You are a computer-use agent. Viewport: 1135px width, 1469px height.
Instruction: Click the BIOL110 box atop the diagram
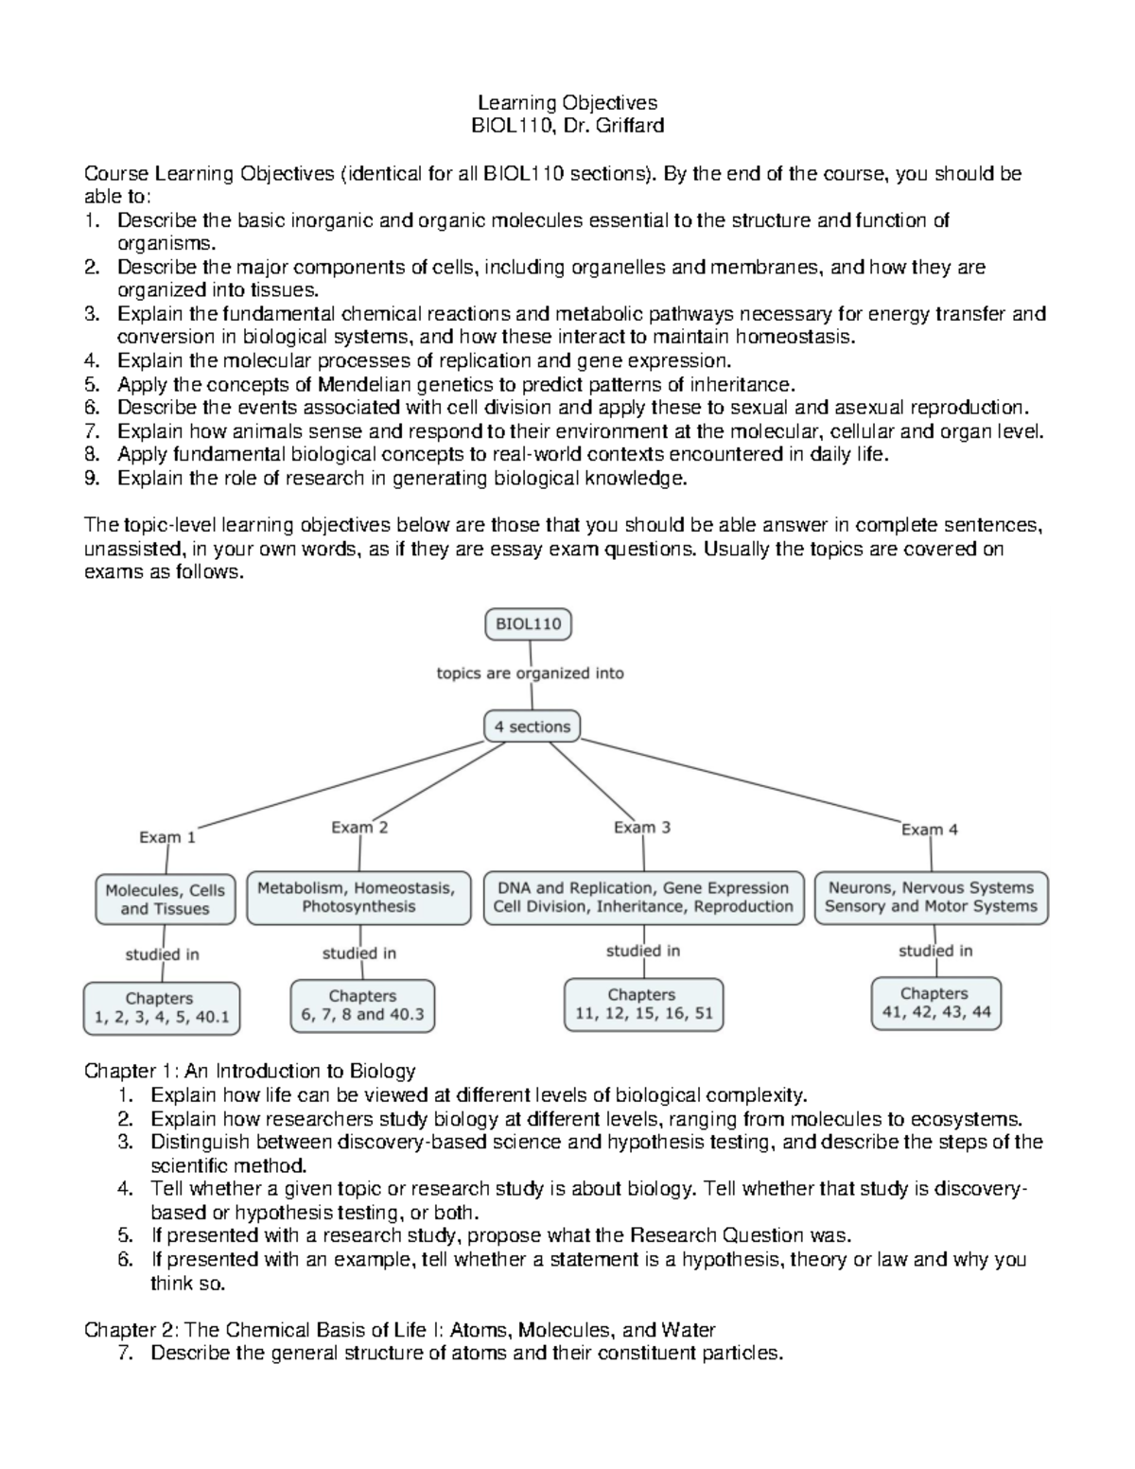529,624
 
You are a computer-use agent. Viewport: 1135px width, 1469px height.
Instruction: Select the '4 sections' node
532,726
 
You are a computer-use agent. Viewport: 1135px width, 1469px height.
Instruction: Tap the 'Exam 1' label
167,837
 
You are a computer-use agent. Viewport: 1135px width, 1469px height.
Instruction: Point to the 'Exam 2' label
359,828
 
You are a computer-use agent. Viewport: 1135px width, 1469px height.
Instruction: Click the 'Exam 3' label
642,828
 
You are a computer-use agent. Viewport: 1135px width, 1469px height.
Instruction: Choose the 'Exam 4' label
930,830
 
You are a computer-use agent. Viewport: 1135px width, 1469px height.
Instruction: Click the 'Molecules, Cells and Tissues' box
166,900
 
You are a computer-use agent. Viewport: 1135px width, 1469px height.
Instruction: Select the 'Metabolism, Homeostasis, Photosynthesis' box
358,898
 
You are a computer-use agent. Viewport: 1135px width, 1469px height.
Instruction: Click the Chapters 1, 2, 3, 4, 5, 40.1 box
161,1009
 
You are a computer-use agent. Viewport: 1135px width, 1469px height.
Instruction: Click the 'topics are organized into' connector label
530,673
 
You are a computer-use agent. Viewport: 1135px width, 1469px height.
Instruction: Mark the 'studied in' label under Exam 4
935,951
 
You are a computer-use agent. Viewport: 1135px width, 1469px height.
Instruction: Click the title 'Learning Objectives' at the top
567,102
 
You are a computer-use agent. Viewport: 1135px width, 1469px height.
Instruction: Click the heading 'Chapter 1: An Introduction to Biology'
250,1071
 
